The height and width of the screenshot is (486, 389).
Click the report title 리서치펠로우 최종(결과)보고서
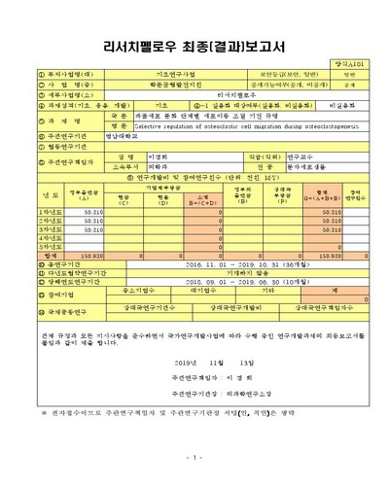[x=195, y=46]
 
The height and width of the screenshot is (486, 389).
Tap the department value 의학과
[x=156, y=166]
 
